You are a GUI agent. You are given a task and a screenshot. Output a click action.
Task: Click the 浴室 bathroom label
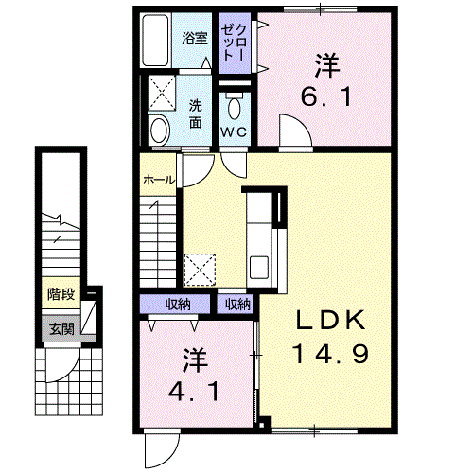(195, 38)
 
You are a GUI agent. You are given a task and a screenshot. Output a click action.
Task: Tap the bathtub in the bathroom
(155, 41)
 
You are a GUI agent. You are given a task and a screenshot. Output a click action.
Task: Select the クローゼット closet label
(234, 43)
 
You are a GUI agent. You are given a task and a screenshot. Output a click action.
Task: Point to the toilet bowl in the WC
(234, 108)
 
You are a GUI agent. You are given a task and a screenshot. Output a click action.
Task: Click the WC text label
(234, 131)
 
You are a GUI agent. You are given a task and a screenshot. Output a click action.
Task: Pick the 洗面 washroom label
(196, 114)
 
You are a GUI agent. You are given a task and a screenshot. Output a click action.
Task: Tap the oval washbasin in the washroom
(159, 130)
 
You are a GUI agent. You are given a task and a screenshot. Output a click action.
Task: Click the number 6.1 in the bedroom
(326, 96)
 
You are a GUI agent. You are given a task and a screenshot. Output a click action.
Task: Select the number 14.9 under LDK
(330, 354)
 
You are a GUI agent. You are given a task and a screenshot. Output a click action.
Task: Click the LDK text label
(330, 320)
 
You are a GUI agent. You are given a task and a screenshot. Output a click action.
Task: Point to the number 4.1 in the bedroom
(194, 392)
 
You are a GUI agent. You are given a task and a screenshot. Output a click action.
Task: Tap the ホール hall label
(159, 180)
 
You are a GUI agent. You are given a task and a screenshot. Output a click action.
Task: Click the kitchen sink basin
(259, 267)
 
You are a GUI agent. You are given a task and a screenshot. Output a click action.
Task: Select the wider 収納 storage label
(178, 305)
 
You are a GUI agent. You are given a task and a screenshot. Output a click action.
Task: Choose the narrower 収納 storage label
(237, 305)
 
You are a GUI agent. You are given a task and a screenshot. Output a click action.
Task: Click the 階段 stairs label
(61, 294)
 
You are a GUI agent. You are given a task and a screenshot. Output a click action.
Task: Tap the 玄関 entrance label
(61, 329)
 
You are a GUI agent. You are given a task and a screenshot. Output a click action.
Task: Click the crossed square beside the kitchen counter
(200, 271)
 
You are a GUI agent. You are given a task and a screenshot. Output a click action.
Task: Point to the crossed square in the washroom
(162, 93)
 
